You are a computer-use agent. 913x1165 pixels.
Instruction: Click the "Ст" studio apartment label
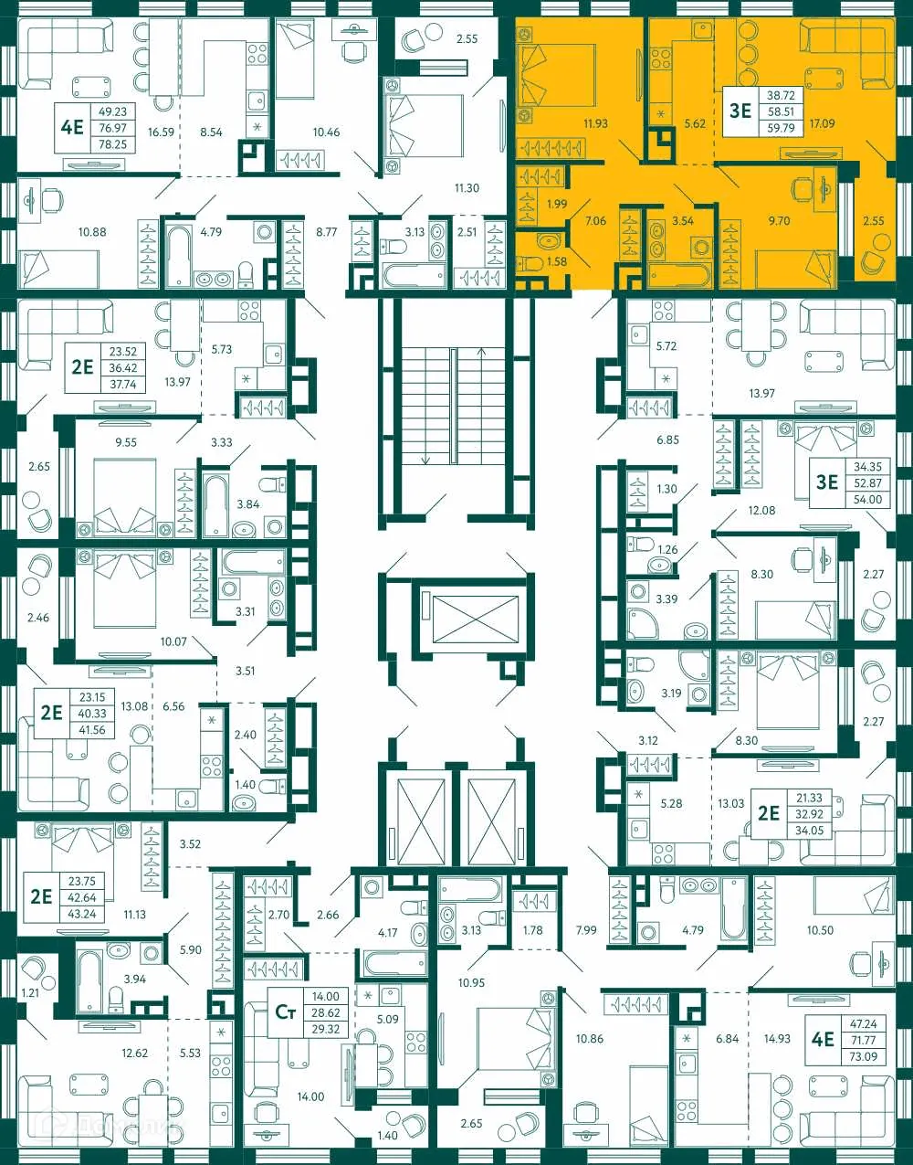point(286,1011)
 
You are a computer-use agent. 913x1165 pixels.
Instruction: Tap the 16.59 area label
point(161,132)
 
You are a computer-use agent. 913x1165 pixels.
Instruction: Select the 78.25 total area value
point(112,144)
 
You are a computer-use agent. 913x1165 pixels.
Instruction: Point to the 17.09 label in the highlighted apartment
point(822,123)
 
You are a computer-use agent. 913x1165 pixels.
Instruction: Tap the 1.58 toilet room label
point(556,262)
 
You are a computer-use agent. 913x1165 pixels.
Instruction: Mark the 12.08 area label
point(761,510)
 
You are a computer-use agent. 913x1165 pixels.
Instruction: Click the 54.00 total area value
point(867,499)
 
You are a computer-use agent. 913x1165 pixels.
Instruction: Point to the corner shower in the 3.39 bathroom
point(645,624)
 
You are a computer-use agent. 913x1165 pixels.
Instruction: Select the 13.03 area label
point(730,803)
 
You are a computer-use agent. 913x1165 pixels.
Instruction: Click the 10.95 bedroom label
point(471,982)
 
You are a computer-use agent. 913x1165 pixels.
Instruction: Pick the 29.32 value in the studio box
point(325,1029)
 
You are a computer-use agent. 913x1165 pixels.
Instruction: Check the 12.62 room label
point(134,1053)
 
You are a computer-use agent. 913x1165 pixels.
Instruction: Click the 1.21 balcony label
point(30,991)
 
